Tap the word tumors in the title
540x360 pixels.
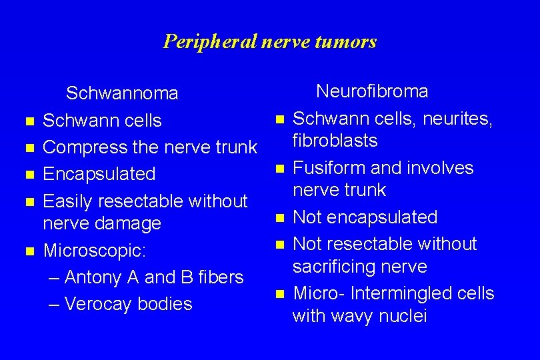tap(347, 42)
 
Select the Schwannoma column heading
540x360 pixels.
tap(122, 93)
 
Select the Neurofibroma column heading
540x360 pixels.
tap(372, 91)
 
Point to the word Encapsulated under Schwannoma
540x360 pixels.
tap(99, 174)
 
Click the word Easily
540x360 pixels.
tap(69, 201)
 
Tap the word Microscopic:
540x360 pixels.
tap(94, 251)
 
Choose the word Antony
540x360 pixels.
tap(93, 277)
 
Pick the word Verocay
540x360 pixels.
tap(99, 304)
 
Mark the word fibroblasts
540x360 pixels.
tap(335, 141)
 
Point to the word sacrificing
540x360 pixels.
tap(331, 267)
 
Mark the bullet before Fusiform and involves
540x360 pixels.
tap(280, 169)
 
